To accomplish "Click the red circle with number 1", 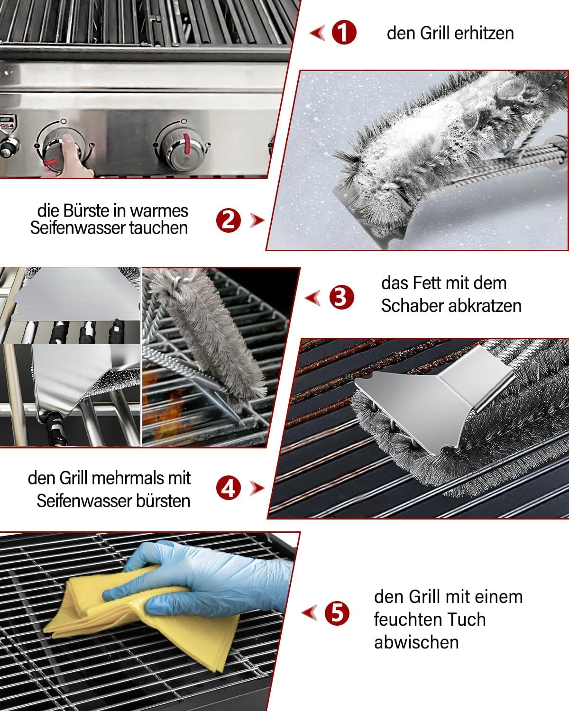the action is point(344,33).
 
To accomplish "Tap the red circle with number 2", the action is point(228,220).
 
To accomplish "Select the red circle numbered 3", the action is point(341,297).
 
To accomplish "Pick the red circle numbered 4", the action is point(228,488).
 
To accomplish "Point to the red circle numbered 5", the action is point(337,613).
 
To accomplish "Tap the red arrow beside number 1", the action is point(317,33).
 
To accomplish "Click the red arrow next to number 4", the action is point(257,488).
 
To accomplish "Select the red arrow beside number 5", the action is point(310,613).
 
